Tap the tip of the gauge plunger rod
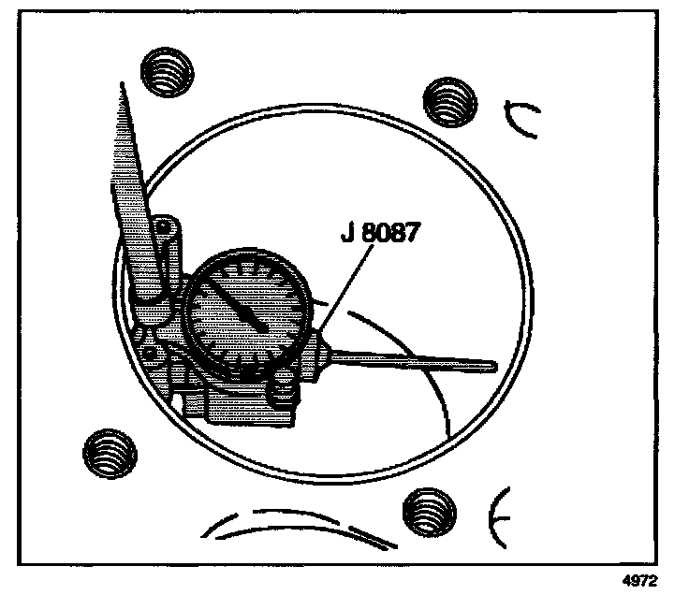click(x=494, y=363)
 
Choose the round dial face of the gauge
click(x=247, y=314)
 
